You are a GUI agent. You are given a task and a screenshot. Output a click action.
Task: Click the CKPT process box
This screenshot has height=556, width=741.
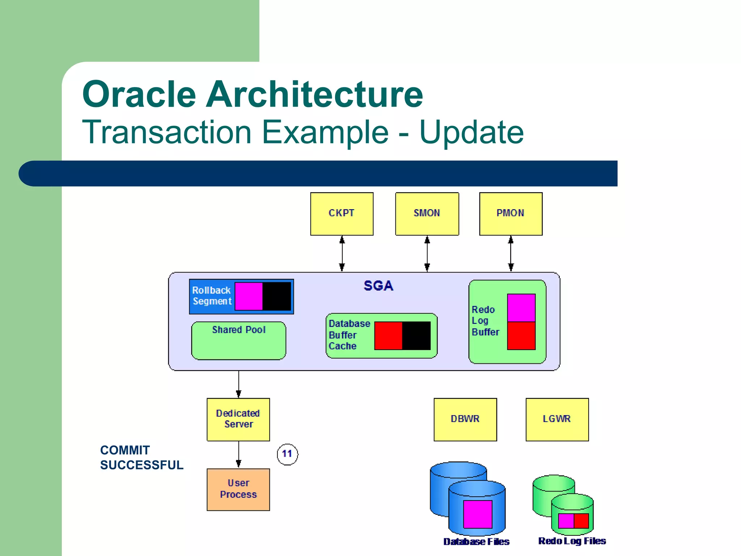pyautogui.click(x=342, y=214)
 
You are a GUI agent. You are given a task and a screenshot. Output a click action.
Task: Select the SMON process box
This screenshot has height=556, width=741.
pyautogui.click(x=427, y=214)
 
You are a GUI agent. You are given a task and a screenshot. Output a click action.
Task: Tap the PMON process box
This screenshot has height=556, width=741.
pyautogui.click(x=511, y=214)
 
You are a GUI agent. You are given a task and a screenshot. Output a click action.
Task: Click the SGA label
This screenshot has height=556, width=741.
pyautogui.click(x=378, y=286)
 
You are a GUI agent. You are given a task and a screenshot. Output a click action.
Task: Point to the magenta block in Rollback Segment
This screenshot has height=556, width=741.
pyautogui.click(x=249, y=296)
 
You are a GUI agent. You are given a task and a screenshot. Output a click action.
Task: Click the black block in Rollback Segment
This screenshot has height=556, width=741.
pyautogui.click(x=277, y=296)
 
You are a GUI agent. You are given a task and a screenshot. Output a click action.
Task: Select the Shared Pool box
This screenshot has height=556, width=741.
pyautogui.click(x=238, y=341)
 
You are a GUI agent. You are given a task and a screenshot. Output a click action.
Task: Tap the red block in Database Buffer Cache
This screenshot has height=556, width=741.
pyautogui.click(x=388, y=336)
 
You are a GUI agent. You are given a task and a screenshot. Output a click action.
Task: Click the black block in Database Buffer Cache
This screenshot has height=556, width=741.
pyautogui.click(x=416, y=336)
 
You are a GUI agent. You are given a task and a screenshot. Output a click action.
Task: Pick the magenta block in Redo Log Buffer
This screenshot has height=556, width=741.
pyautogui.click(x=521, y=308)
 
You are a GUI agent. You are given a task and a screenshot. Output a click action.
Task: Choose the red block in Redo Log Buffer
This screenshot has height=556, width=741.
pyautogui.click(x=521, y=336)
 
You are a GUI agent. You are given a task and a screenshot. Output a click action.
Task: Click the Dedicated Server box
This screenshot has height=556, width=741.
pyautogui.click(x=238, y=419)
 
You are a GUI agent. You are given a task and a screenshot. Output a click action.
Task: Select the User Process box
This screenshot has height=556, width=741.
pyautogui.click(x=238, y=489)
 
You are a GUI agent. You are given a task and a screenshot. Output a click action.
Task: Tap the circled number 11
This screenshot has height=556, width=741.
pyautogui.click(x=287, y=454)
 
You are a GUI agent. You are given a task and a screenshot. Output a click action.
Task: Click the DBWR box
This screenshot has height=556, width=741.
pyautogui.click(x=465, y=419)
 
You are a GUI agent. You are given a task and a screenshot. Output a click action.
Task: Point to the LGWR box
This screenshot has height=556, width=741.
pyautogui.click(x=557, y=419)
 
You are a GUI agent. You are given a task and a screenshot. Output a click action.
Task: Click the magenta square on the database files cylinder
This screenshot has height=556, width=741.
pyautogui.click(x=478, y=514)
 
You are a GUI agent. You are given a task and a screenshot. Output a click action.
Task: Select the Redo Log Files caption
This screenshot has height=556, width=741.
pyautogui.click(x=572, y=541)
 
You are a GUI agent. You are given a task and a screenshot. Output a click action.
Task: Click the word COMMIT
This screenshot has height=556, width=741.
pyautogui.click(x=125, y=450)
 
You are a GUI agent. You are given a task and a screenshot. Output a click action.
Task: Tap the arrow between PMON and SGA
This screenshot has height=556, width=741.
pyautogui.click(x=511, y=253)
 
